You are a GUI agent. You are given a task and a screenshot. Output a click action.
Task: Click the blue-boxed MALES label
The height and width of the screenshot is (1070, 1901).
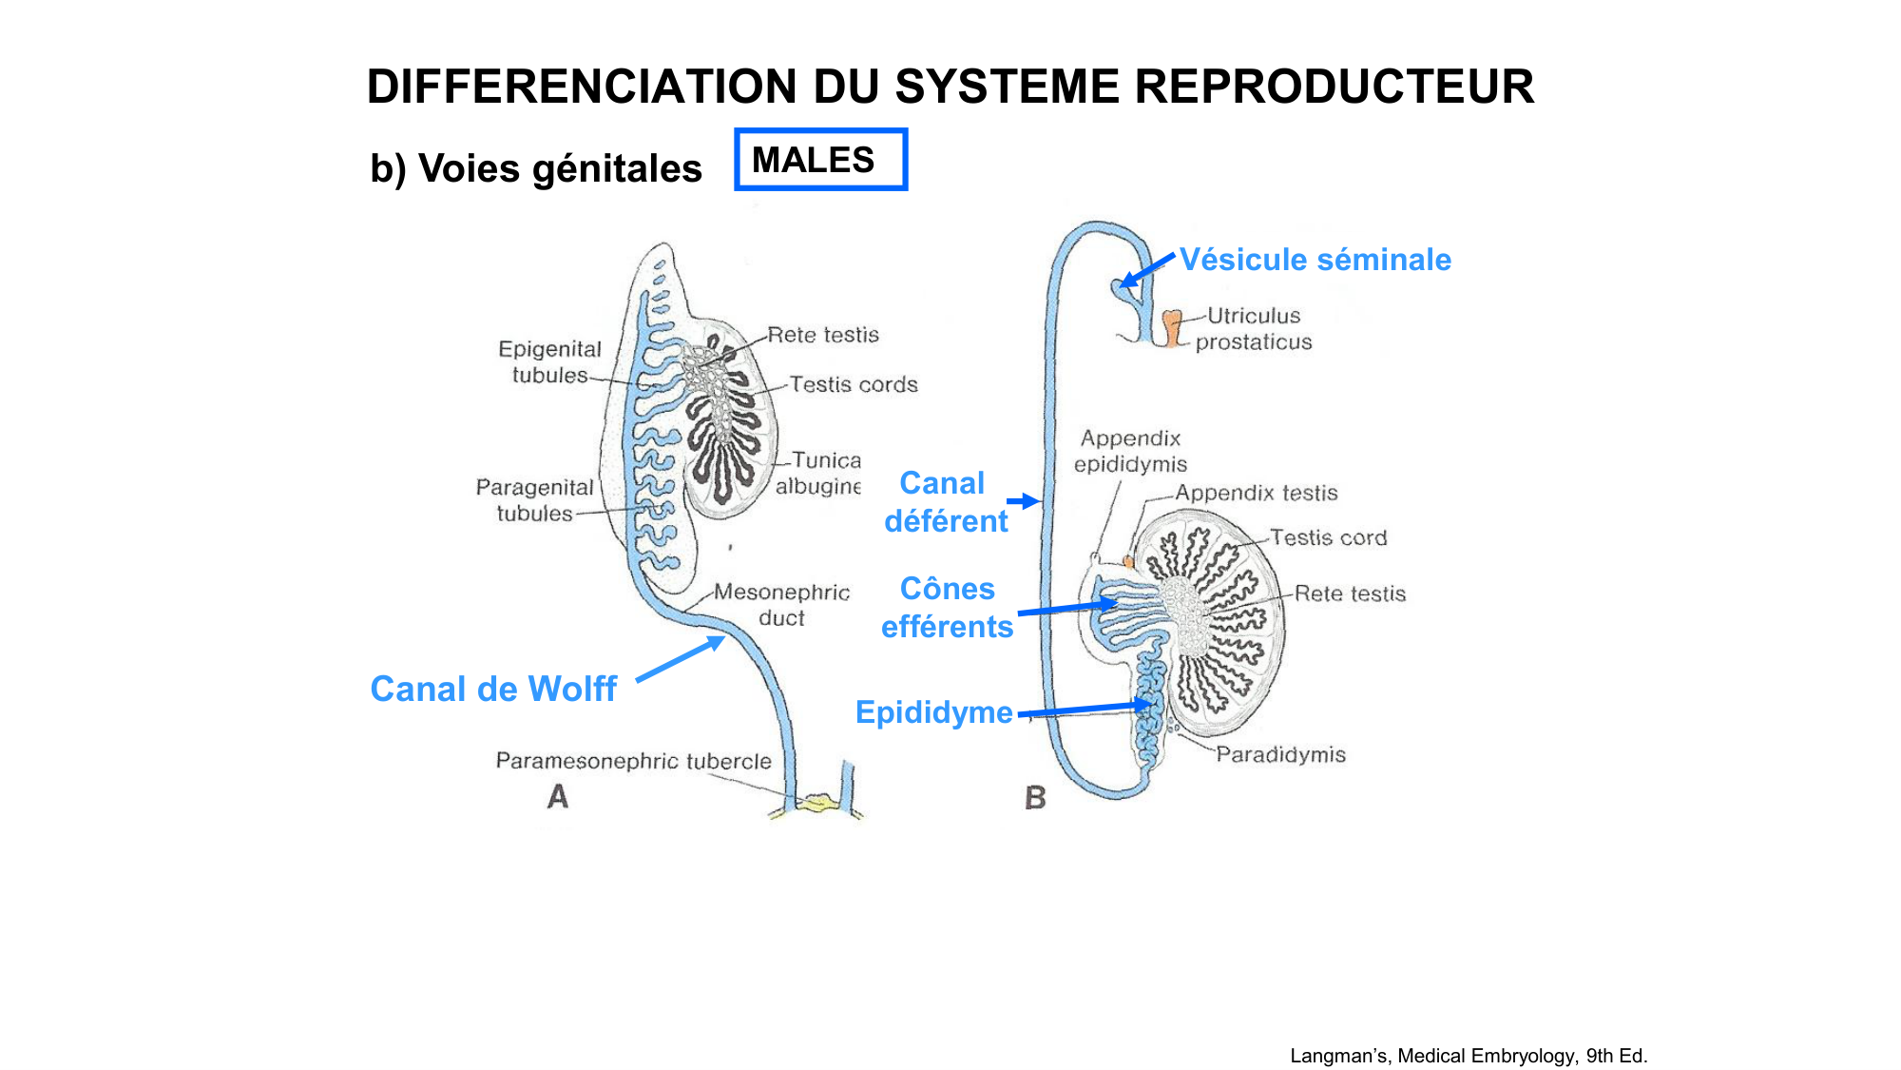click(x=820, y=160)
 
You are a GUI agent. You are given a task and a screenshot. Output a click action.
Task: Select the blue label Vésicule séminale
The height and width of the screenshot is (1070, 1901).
click(x=1315, y=260)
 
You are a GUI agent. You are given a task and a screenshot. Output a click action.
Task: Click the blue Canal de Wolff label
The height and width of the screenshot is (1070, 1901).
click(x=493, y=689)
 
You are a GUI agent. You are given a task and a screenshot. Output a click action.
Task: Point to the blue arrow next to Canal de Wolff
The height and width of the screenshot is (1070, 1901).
click(x=679, y=658)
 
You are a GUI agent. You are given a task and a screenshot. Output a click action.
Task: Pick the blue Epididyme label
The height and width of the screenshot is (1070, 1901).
click(x=933, y=712)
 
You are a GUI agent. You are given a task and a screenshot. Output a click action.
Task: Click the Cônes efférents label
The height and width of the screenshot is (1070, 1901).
click(x=947, y=608)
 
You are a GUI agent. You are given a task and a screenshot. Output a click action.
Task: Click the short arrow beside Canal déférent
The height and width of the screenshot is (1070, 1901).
click(x=1023, y=501)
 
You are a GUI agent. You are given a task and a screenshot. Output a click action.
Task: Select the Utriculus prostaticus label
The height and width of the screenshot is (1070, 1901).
click(x=1253, y=329)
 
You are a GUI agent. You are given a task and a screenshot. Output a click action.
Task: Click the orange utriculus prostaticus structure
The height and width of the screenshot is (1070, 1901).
click(x=1173, y=328)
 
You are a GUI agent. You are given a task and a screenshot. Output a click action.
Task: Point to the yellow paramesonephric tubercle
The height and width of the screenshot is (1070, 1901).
click(x=816, y=805)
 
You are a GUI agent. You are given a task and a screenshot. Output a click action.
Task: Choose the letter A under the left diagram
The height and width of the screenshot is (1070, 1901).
click(x=558, y=797)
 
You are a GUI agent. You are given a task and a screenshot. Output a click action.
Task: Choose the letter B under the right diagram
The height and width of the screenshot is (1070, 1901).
click(x=1035, y=798)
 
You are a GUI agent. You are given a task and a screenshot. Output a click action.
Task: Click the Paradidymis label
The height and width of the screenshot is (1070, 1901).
click(x=1280, y=755)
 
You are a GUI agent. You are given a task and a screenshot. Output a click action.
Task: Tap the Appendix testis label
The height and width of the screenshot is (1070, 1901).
click(x=1256, y=493)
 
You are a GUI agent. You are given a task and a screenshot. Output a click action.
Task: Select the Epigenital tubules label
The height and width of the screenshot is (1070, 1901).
click(x=549, y=362)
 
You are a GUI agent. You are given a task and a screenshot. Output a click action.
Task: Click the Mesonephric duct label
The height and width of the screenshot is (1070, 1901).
click(x=781, y=605)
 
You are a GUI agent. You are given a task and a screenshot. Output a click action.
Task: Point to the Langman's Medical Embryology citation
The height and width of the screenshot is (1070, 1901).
click(x=1468, y=1056)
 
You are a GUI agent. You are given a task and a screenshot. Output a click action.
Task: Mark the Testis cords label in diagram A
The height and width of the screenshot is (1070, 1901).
click(x=854, y=384)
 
